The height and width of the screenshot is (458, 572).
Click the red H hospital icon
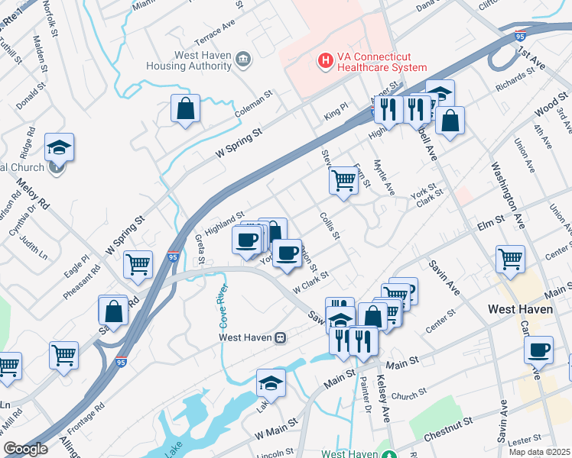pyautogui.click(x=326, y=59)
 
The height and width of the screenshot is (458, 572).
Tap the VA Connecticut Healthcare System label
pyautogui.click(x=381, y=62)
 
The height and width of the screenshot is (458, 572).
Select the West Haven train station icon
pyautogui.click(x=281, y=337)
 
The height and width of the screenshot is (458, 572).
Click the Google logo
pyautogui.click(x=25, y=449)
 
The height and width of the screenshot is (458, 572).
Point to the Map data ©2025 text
pyautogui.click(x=540, y=452)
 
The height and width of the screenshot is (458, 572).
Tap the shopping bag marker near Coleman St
pyautogui.click(x=185, y=108)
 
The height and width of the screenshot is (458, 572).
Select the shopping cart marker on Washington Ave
pyautogui.click(x=510, y=258)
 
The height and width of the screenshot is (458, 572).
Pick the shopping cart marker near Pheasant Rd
pyautogui.click(x=138, y=264)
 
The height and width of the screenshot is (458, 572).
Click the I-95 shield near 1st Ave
pyautogui.click(x=519, y=35)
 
